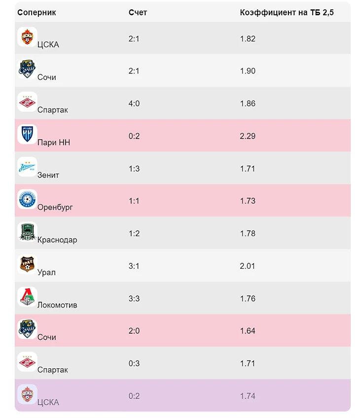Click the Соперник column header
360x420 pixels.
coord(36,12)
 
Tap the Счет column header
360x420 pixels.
coord(138,12)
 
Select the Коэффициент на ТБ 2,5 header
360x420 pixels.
coord(287,12)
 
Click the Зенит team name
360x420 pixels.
coord(48,175)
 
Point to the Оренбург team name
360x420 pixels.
coord(55,208)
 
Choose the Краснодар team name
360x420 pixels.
coord(57,240)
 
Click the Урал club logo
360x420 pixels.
coord(27,264)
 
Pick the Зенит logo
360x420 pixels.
coord(27,167)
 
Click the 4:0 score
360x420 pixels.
coord(134,104)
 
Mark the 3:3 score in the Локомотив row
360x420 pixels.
coord(134,298)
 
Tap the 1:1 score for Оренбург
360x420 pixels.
coord(134,201)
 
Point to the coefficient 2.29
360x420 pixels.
coord(248,136)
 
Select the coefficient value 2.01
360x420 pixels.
coord(248,266)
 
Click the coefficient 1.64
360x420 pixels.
coord(248,331)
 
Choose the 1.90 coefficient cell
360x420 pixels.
coord(248,71)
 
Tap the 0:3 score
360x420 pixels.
coord(134,363)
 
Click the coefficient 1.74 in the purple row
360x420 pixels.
coord(248,396)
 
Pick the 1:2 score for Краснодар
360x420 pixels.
coord(134,234)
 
